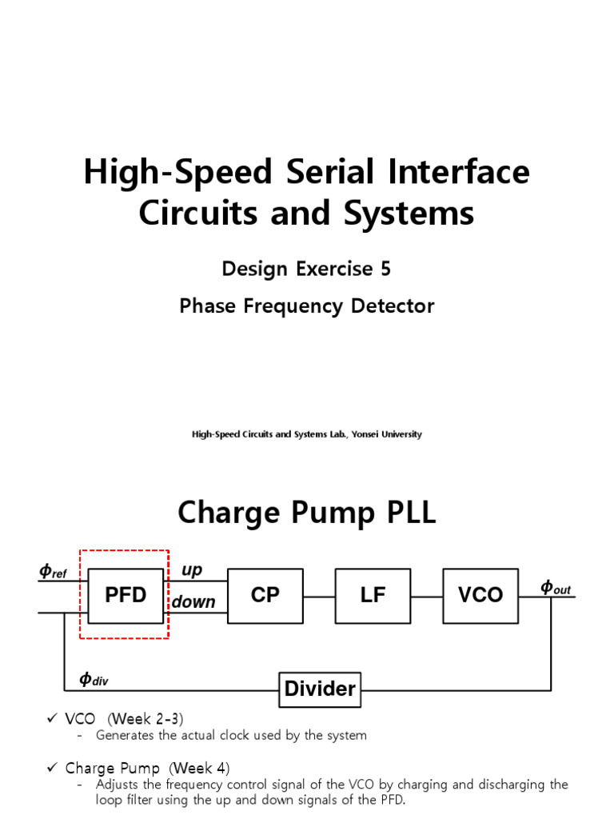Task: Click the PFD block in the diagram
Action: (126, 595)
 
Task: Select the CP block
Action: (265, 595)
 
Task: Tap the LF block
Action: (373, 595)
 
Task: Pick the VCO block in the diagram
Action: (480, 595)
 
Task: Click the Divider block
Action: (320, 689)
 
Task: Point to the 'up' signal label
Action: (192, 570)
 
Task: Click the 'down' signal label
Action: (194, 601)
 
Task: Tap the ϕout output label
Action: (556, 588)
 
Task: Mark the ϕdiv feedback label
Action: (94, 680)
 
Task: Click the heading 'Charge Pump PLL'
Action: (307, 513)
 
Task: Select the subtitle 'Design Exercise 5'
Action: (307, 269)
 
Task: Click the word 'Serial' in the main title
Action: (338, 173)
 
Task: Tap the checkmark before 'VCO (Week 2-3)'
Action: (51, 719)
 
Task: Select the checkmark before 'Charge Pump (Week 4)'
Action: (51, 769)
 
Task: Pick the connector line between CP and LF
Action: (319, 596)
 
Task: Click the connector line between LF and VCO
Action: (427, 596)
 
